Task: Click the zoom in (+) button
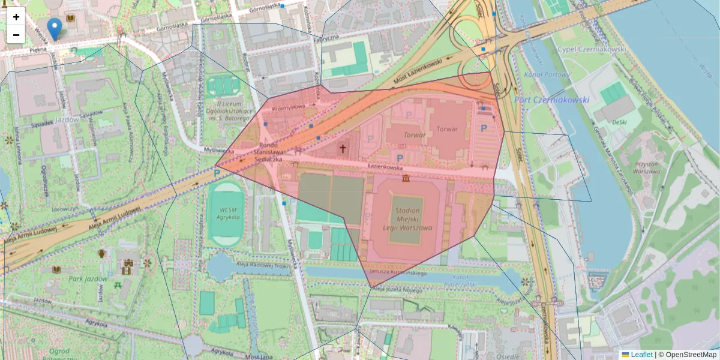click(x=16, y=17)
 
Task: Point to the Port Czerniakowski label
click(x=551, y=100)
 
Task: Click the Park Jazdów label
click(x=88, y=279)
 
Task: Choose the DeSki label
click(x=620, y=122)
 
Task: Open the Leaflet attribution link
click(x=641, y=355)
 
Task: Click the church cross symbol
click(x=343, y=148)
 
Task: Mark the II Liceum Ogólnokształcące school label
click(x=228, y=111)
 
